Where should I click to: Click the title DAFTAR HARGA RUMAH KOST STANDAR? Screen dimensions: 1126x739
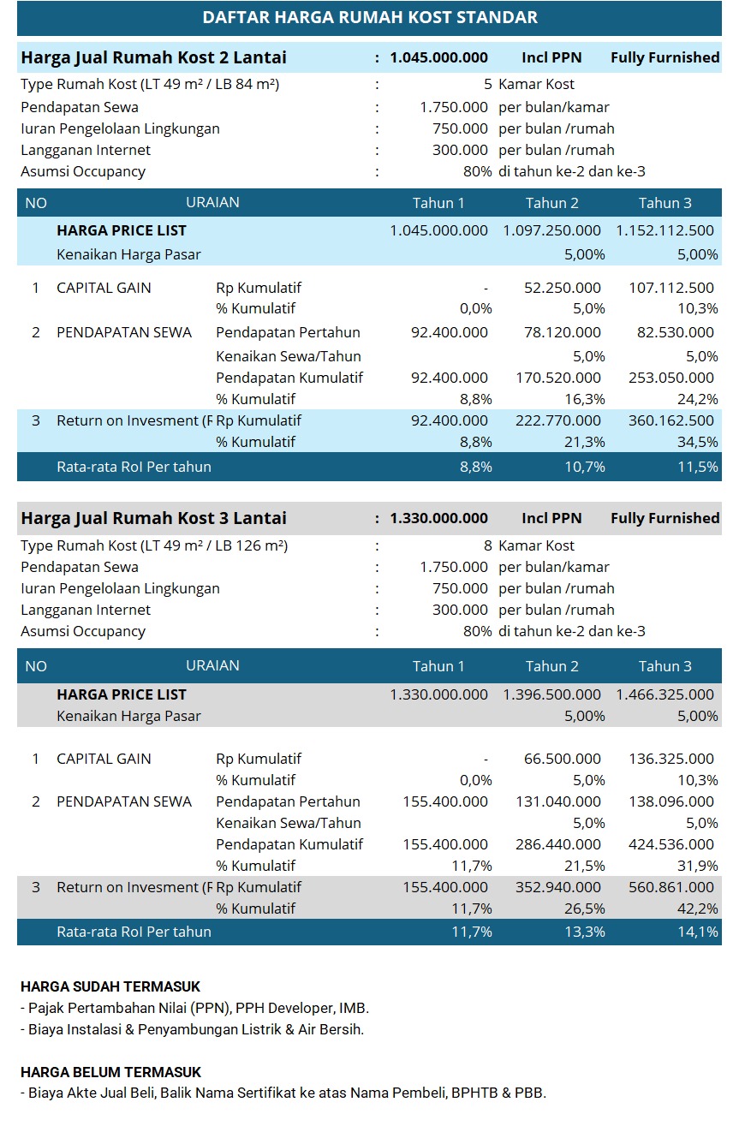coord(370,18)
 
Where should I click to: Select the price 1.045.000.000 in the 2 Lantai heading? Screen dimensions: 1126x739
coord(438,58)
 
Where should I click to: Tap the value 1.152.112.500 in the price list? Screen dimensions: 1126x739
coord(665,231)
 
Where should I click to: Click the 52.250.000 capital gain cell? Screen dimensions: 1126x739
coord(563,289)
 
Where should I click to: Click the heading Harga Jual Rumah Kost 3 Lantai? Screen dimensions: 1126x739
coord(154,519)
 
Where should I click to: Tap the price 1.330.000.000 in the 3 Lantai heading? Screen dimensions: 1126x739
coord(438,519)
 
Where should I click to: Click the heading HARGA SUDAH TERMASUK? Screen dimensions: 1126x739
coord(110,987)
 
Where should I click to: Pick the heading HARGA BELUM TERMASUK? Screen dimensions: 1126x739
coord(110,1072)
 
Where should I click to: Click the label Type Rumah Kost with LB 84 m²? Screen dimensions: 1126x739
coord(150,85)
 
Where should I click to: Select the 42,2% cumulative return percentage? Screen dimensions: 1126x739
coord(698,909)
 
